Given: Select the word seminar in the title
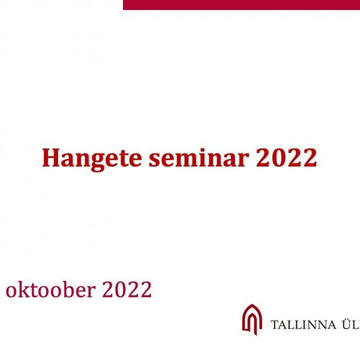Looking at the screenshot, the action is point(199,157).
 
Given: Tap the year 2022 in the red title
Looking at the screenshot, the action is point(286,157).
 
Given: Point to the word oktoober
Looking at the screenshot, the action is point(51,289).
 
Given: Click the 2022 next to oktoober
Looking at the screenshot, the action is point(127,289).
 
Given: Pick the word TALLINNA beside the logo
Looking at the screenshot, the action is point(303,325).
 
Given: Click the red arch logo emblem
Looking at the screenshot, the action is point(252,319).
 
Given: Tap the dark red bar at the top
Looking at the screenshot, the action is point(242,5).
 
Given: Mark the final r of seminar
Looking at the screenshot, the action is point(243,160).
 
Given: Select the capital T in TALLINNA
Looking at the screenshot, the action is point(275,325).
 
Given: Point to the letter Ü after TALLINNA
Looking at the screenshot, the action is point(347,324).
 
